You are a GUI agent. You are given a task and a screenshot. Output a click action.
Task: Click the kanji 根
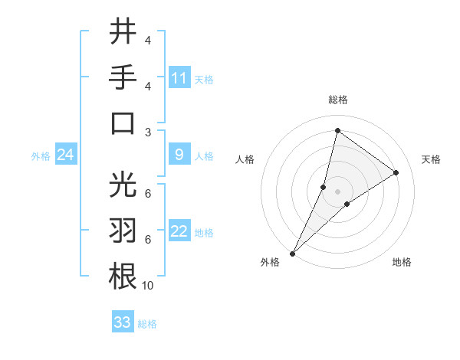[x=123, y=276]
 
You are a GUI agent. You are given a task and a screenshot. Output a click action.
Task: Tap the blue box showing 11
[x=179, y=77]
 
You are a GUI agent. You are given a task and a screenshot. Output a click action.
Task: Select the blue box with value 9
[x=179, y=155]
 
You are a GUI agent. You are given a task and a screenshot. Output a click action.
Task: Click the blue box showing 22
[x=179, y=231]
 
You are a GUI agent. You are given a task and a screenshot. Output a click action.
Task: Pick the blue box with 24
[x=66, y=155]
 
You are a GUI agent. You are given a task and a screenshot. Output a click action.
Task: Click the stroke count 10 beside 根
[x=148, y=286]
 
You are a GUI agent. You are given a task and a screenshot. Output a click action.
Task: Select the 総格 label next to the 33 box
[x=147, y=324]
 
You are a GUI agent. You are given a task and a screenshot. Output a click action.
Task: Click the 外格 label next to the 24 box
[x=41, y=156]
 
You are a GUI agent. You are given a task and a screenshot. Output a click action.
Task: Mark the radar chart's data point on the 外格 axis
[x=292, y=253]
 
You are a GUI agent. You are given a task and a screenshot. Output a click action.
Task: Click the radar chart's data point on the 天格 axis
[x=396, y=172]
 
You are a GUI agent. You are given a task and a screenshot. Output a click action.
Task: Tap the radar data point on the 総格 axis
[x=337, y=130]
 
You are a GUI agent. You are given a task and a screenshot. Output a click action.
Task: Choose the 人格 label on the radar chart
[x=245, y=159]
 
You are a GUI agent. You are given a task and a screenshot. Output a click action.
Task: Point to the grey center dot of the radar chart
[x=337, y=191]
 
